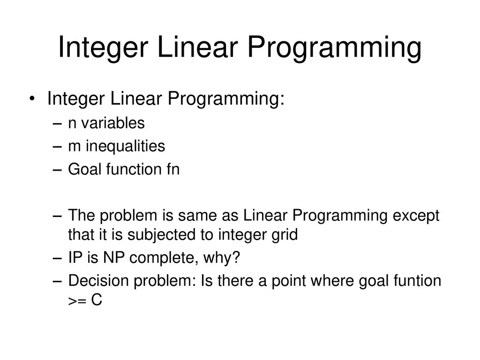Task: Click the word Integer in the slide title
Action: click(x=103, y=47)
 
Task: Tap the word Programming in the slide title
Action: click(x=334, y=47)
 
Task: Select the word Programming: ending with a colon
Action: click(x=226, y=99)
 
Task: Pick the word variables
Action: click(x=112, y=123)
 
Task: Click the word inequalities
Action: click(x=125, y=147)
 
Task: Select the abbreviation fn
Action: click(x=173, y=169)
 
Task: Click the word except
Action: click(x=416, y=216)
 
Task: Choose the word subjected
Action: click(x=162, y=235)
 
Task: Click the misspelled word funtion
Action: click(x=417, y=281)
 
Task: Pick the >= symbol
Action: click(x=77, y=301)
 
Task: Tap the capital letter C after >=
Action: click(x=97, y=300)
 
